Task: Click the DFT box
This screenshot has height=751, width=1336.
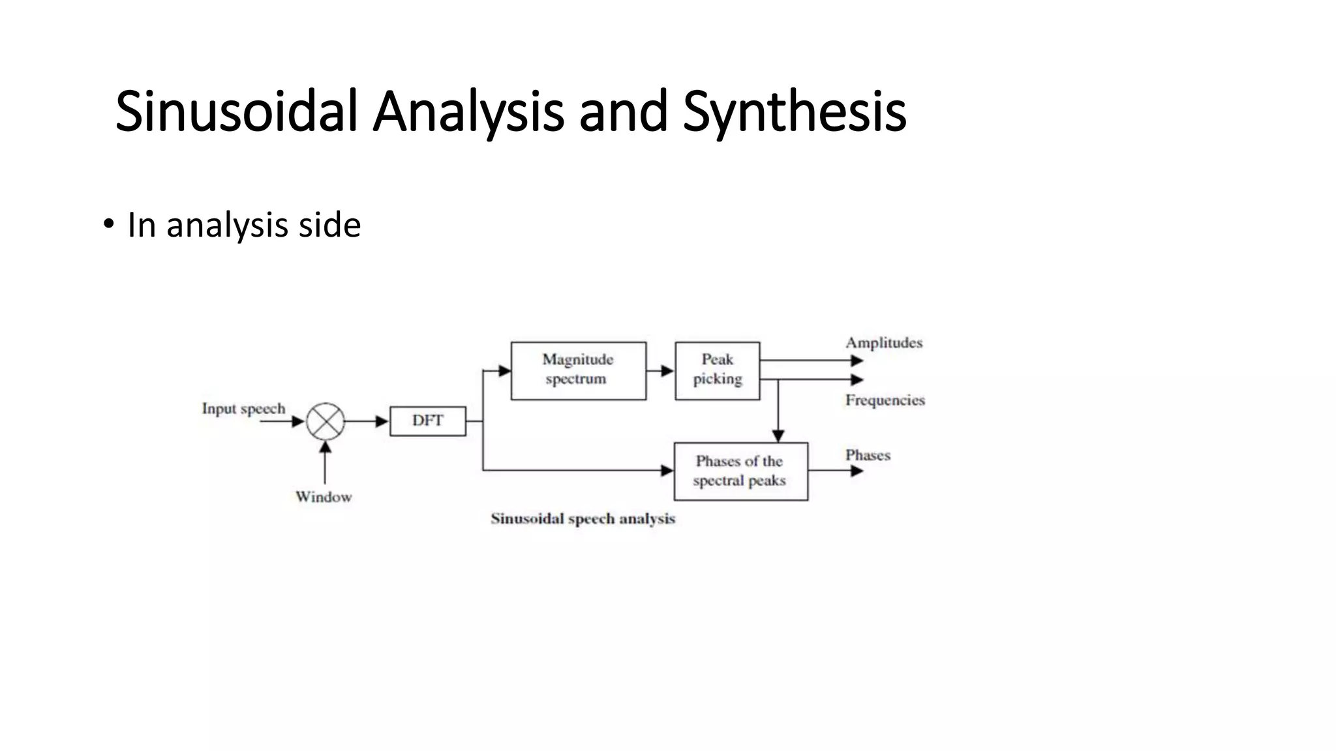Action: tap(428, 421)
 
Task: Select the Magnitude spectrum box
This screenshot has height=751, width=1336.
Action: tap(578, 370)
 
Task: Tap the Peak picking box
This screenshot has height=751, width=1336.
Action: tap(717, 370)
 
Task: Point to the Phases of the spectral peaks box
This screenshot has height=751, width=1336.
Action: tap(740, 471)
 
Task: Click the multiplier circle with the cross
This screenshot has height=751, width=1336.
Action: tap(325, 421)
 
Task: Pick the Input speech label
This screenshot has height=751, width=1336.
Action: tap(243, 409)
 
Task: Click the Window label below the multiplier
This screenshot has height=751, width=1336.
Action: tap(324, 497)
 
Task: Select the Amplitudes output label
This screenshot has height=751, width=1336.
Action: tap(884, 343)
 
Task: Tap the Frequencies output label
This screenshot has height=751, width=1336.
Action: tap(885, 400)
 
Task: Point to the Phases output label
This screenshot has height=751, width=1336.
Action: tap(868, 455)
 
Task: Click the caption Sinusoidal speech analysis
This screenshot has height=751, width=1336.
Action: tap(583, 519)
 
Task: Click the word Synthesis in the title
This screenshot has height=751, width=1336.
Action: tap(794, 112)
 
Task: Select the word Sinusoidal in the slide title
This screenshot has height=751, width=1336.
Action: tap(236, 112)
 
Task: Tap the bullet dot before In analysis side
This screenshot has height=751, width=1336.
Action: tap(108, 225)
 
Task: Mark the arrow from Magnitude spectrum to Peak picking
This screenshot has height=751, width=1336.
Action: tap(660, 371)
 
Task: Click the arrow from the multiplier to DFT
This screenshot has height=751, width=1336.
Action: tap(367, 422)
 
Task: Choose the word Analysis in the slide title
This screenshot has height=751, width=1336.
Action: tap(468, 112)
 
